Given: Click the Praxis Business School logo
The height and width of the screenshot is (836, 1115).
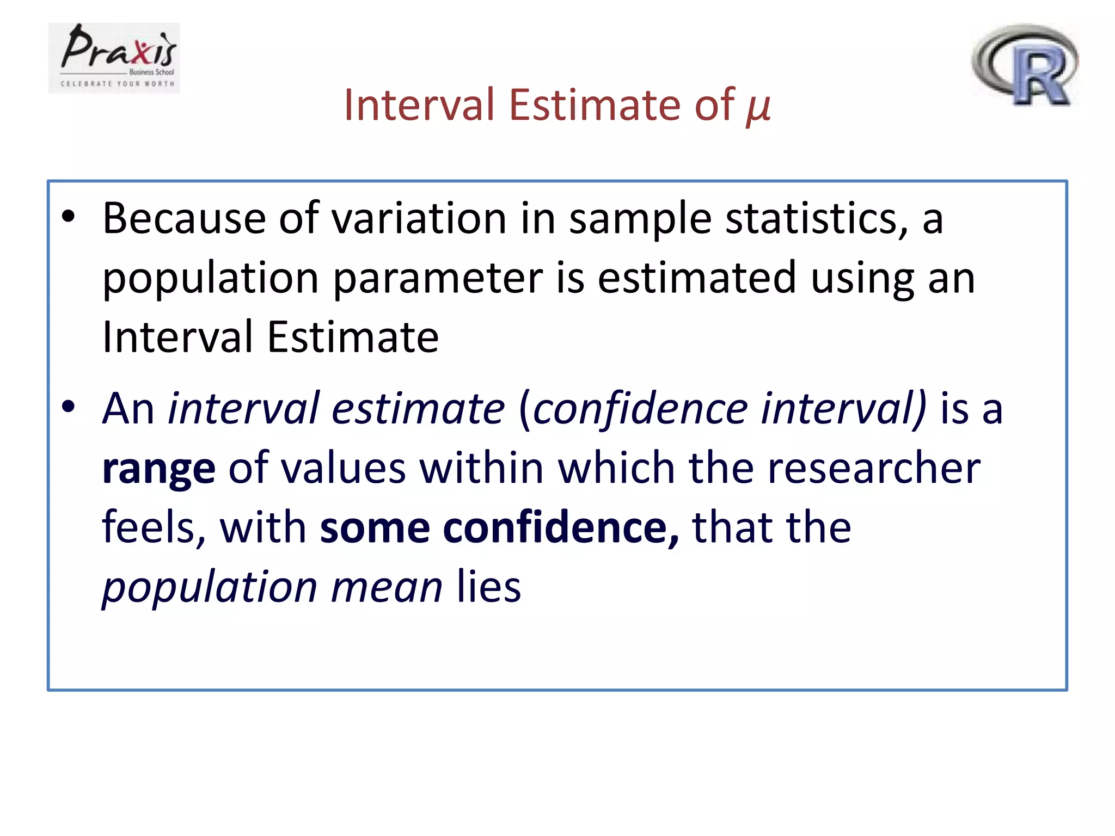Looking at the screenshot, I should (114, 58).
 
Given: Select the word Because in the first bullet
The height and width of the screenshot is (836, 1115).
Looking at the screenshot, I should (184, 219).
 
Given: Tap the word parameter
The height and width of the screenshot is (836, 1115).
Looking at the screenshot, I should (438, 279).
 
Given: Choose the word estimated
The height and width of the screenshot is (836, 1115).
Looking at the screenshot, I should (697, 279).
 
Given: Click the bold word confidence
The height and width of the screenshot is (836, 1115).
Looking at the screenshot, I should (561, 528).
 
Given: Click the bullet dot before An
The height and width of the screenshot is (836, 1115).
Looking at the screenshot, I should (69, 407).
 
